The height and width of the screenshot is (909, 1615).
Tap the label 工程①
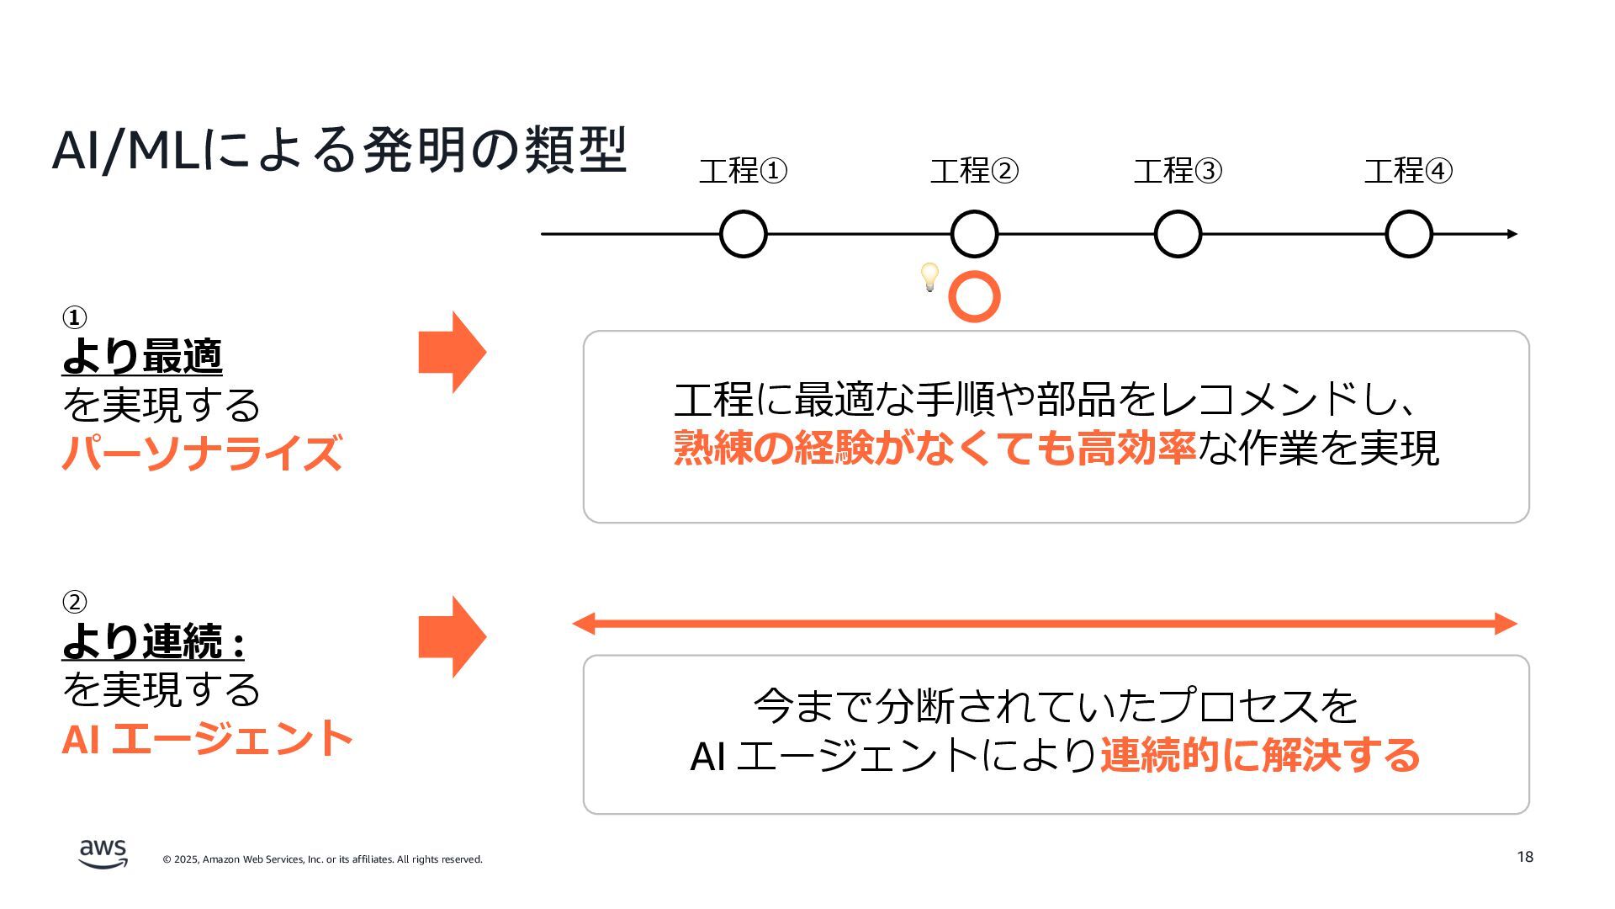click(743, 171)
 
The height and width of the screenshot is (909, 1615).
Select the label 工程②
click(974, 171)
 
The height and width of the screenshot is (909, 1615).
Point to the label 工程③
click(1178, 171)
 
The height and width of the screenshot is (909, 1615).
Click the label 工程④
click(1408, 171)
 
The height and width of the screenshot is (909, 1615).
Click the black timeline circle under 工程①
click(744, 234)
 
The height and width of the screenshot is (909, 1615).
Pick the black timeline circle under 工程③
click(1178, 234)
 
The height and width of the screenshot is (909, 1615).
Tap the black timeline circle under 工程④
click(1409, 234)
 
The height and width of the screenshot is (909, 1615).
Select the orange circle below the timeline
click(974, 297)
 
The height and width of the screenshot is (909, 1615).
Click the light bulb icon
click(929, 276)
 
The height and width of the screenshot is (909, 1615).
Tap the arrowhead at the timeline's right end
click(1512, 234)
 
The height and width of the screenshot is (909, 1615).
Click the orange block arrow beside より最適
click(453, 352)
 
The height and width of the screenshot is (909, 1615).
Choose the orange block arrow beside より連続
click(453, 636)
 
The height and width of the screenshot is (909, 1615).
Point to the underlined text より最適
click(142, 356)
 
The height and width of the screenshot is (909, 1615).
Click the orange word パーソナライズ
click(202, 452)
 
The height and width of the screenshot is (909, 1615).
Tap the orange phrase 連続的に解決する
click(1260, 755)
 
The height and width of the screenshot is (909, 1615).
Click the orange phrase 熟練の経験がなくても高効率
click(935, 448)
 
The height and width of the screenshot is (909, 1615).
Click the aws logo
click(103, 853)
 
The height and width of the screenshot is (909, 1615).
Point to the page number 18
click(1525, 857)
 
